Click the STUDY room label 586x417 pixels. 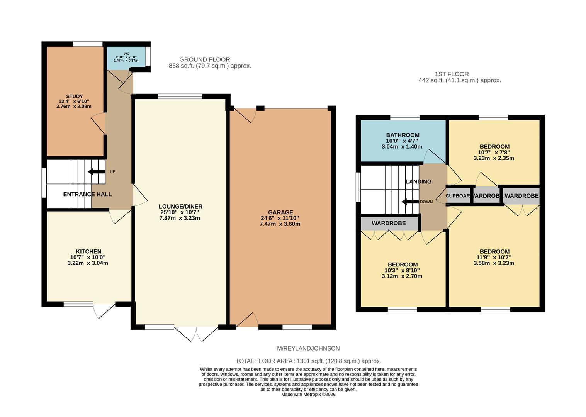(75, 97)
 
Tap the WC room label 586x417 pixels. (126, 54)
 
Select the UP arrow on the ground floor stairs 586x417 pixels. (97, 171)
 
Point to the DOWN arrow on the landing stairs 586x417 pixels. (410, 202)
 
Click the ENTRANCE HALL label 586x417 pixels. (87, 194)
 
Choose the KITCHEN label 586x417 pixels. (88, 251)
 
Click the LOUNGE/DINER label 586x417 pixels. (181, 206)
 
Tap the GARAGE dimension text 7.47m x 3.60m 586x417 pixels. (280, 224)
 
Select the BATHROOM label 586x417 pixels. (403, 135)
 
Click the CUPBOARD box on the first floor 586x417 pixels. (458, 196)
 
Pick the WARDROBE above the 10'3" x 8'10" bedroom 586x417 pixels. (389, 223)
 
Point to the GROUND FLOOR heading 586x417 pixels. (205, 59)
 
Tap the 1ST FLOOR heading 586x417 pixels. (452, 74)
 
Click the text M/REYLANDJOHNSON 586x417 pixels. (308, 348)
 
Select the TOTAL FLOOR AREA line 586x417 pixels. (308, 361)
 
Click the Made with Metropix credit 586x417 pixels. (308, 395)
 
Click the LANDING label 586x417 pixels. (418, 181)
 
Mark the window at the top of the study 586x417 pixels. (88, 44)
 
